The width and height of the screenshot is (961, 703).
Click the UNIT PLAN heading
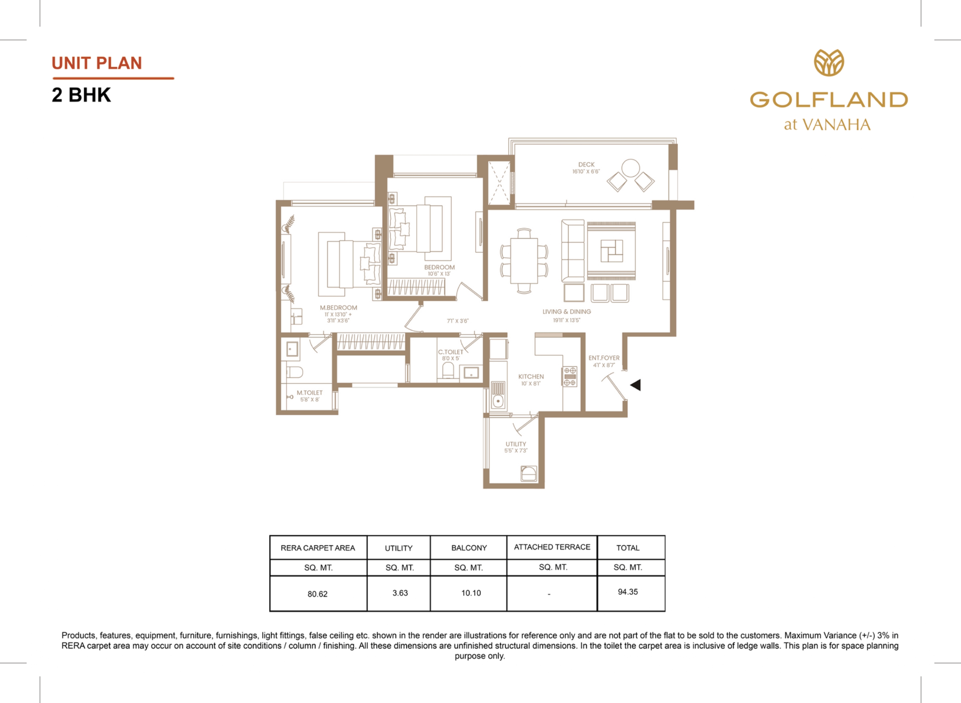[97, 63]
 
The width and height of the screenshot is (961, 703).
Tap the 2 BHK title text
[81, 95]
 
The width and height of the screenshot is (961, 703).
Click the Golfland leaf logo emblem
[829, 63]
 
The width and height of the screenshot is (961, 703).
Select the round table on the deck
[630, 168]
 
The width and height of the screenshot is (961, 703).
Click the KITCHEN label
[531, 377]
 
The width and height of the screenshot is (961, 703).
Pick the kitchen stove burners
[570, 377]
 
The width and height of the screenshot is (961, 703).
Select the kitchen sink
[498, 395]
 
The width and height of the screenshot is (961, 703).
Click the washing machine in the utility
[528, 474]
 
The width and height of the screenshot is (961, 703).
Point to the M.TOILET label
[310, 393]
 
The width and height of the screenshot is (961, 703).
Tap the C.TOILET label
[451, 352]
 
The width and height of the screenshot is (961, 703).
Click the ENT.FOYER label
[604, 358]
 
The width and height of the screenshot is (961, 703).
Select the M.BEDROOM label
[339, 308]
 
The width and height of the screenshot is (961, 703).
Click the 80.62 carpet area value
[318, 594]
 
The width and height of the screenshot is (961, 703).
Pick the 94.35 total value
[628, 592]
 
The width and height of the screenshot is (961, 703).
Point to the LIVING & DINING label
[567, 312]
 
